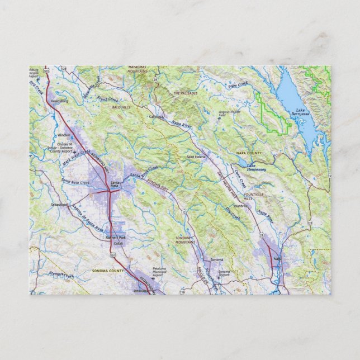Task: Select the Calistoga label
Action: tap(157, 117)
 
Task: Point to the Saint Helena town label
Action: tap(196, 157)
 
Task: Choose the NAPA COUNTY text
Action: tap(249, 153)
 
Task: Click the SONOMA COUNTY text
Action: tap(107, 271)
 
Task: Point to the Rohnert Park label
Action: tap(116, 238)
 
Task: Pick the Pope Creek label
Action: tap(237, 87)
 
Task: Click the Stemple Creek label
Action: tap(61, 275)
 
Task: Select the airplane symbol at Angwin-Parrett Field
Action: tap(219, 118)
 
